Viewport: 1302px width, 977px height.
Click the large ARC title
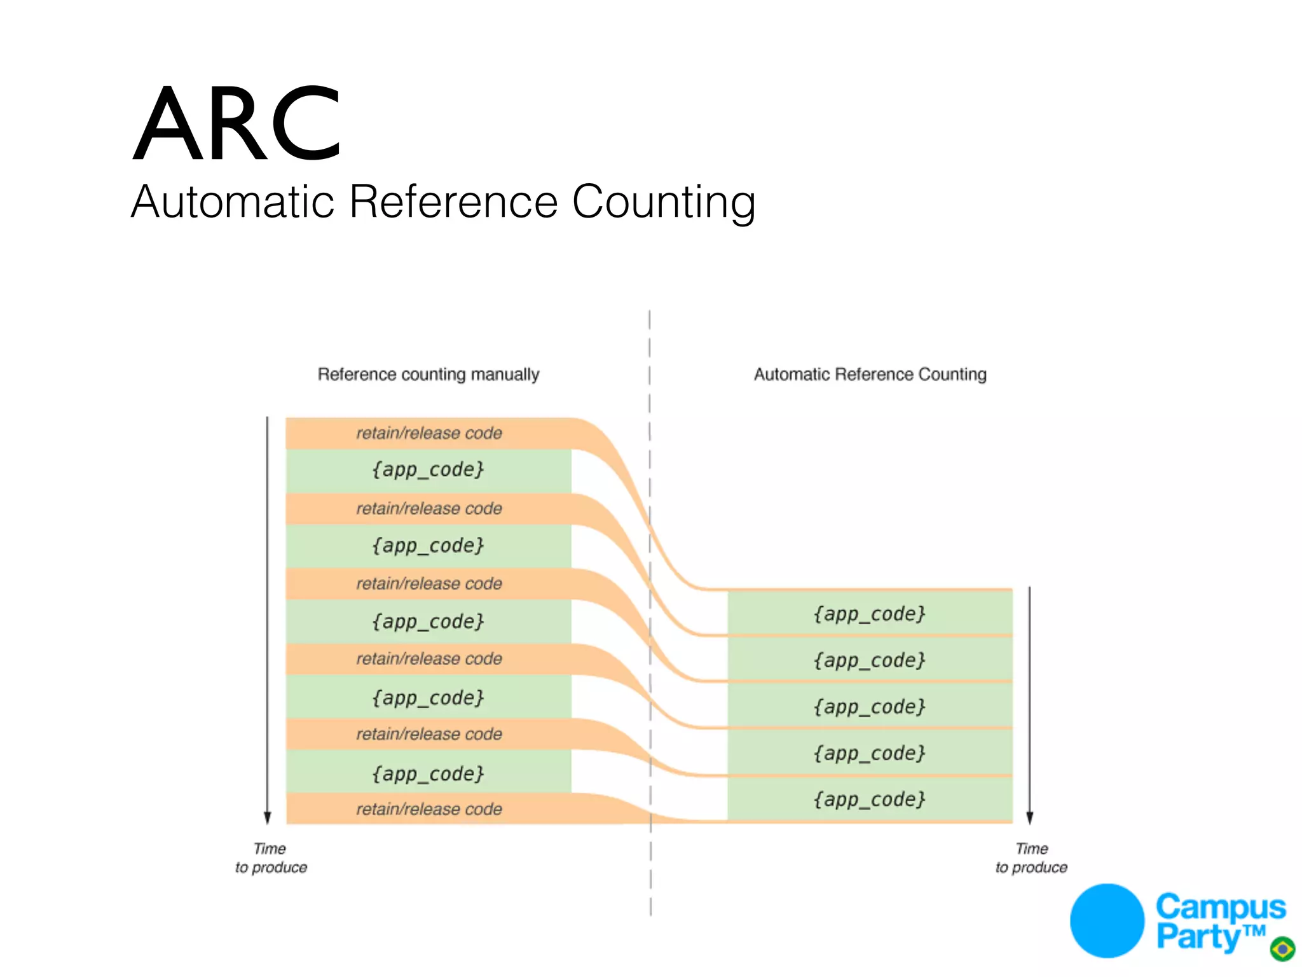236,124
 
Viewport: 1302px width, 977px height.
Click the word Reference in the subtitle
453,202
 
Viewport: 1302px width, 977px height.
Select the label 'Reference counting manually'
428,374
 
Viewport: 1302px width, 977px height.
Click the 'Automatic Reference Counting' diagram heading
870,374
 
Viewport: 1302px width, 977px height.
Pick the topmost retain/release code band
428,433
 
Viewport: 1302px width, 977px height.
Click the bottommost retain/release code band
428,809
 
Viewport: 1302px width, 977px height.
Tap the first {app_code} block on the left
428,470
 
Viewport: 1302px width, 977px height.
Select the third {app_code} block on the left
428,621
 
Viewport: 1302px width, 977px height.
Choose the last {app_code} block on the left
428,773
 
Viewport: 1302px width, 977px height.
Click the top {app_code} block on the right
869,614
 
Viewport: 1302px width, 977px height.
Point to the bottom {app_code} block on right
869,799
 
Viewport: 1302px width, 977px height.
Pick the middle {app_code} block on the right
869,707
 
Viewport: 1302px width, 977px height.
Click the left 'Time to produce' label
271,858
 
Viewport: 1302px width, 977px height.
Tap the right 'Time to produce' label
1031,858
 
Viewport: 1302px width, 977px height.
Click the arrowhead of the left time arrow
268,818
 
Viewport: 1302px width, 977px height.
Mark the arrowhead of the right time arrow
1030,818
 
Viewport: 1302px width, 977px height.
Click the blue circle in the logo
1107,920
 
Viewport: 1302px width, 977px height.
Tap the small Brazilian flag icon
1282,949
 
